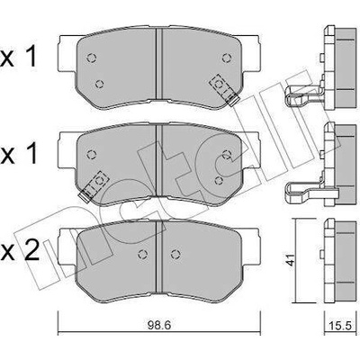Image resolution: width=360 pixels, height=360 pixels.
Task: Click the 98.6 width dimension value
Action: [159, 325]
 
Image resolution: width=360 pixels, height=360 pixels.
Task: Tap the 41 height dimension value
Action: [290, 260]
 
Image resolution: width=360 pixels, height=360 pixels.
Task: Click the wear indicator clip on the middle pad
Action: [94, 186]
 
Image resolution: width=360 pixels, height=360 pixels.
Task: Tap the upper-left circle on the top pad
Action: [91, 58]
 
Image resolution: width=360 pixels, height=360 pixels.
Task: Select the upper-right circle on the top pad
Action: [227, 58]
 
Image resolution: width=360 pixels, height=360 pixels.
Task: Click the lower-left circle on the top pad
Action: [99, 85]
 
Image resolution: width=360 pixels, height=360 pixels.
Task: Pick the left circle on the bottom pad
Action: [143, 255]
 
